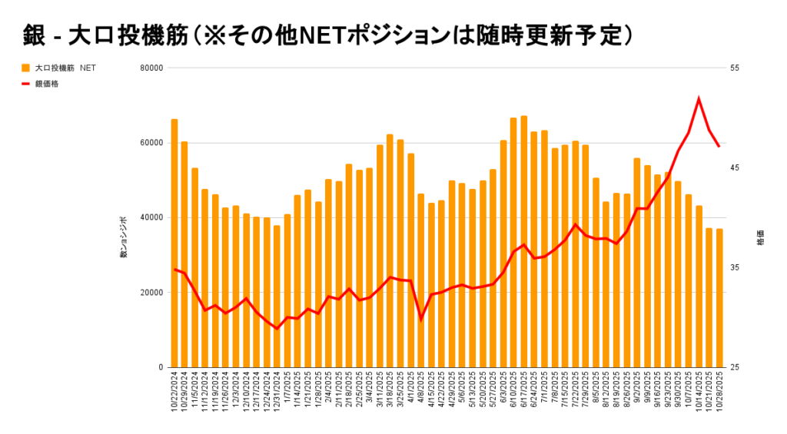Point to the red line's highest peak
(x=699, y=98)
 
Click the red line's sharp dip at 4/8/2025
(x=420, y=319)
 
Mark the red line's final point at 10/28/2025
(x=719, y=146)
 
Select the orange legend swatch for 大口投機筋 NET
(x=25, y=68)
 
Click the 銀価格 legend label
(x=47, y=84)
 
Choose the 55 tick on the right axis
(x=734, y=68)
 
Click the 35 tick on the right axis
(x=734, y=267)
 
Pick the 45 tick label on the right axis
(x=734, y=167)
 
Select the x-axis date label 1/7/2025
(x=287, y=396)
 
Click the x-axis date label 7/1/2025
(x=544, y=396)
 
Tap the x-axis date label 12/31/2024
(x=277, y=398)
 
